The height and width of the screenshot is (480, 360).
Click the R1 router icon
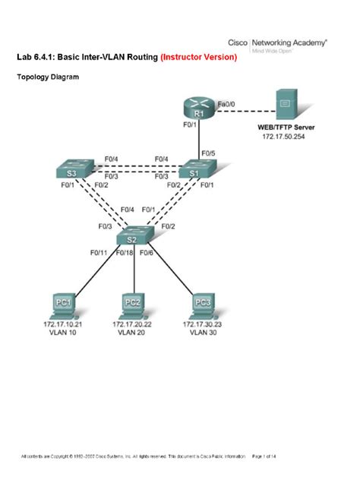(x=199, y=109)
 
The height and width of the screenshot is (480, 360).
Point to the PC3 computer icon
(x=203, y=304)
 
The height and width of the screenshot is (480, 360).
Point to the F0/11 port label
(x=99, y=252)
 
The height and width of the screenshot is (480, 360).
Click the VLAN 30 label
(x=203, y=332)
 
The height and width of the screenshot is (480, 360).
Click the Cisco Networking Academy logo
(x=289, y=45)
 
